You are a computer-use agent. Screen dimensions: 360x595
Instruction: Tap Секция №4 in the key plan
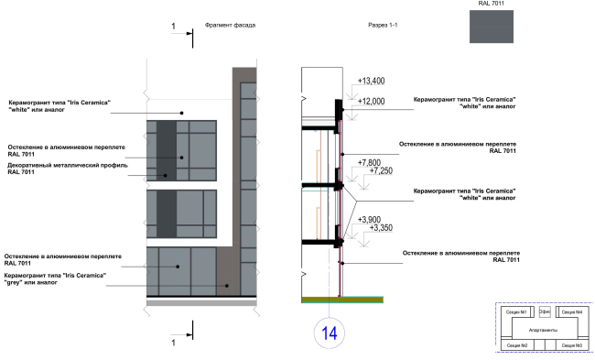tap(571, 313)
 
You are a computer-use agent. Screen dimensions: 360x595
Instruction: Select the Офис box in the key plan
tap(544, 312)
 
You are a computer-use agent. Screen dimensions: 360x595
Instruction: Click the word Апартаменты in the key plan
tap(543, 328)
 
